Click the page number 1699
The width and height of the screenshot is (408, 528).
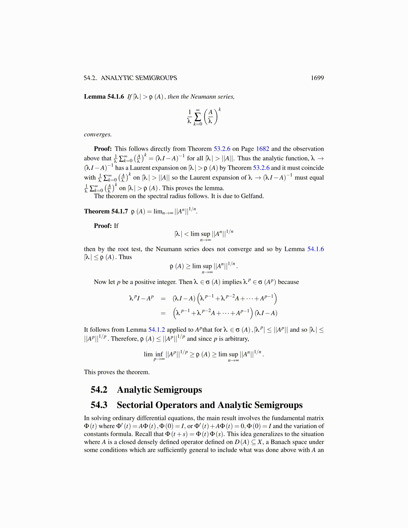(317, 78)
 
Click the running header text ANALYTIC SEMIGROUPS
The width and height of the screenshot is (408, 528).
(139, 78)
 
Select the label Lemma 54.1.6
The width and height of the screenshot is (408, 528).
(104, 97)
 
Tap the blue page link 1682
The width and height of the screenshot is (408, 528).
(262, 149)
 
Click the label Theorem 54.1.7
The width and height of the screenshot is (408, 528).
(106, 211)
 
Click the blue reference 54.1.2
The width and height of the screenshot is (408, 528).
(156, 330)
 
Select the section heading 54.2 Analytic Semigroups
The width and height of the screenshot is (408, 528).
(146, 390)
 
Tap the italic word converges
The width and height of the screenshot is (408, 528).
(98, 135)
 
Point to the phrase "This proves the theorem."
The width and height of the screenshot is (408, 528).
(117, 372)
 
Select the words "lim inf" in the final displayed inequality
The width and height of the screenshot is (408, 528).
(154, 354)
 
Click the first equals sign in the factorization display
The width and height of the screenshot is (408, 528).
(163, 298)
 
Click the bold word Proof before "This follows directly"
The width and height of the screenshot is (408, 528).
(103, 149)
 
